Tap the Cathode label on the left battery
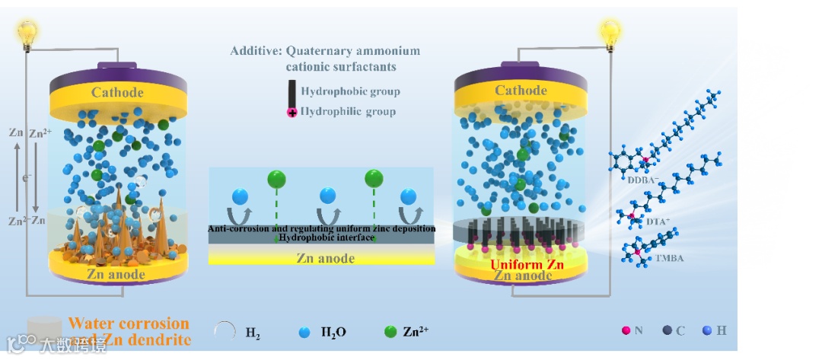pos(117,93)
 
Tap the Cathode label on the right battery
pos(521,91)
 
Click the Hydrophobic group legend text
pos(350,92)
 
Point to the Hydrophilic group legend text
pos(349,112)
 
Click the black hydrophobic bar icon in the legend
pos(292,94)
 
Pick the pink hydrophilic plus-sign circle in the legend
pos(292,113)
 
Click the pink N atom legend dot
pos(626,331)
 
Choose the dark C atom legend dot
pos(667,331)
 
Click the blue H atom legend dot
pos(707,331)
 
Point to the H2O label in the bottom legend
pos(334,332)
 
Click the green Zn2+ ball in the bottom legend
pos(390,332)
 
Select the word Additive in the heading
pos(256,52)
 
